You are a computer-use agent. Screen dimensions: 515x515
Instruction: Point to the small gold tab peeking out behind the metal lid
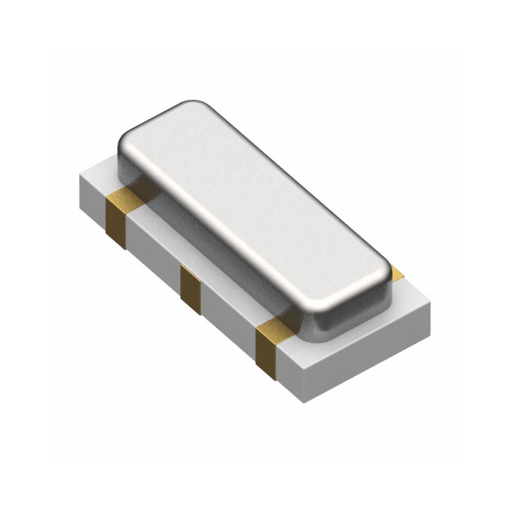coord(398,273)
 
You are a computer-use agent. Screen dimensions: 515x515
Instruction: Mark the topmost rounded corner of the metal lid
coord(193,106)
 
